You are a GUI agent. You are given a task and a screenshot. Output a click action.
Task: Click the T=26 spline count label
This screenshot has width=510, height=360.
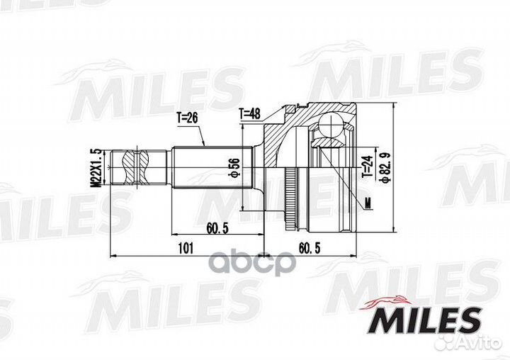187,118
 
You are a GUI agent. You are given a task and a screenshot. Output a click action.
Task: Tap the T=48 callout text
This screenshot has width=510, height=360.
250,113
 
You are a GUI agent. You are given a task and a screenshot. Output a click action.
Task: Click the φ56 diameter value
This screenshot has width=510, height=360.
234,168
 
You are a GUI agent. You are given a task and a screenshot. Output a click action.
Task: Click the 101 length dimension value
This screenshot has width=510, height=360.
186,248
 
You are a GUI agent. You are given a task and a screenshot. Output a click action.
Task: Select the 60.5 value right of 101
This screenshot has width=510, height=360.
310,248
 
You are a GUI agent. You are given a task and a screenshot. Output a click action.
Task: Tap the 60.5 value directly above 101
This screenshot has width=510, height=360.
217,228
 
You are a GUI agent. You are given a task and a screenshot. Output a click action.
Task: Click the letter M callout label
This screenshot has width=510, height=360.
368,203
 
